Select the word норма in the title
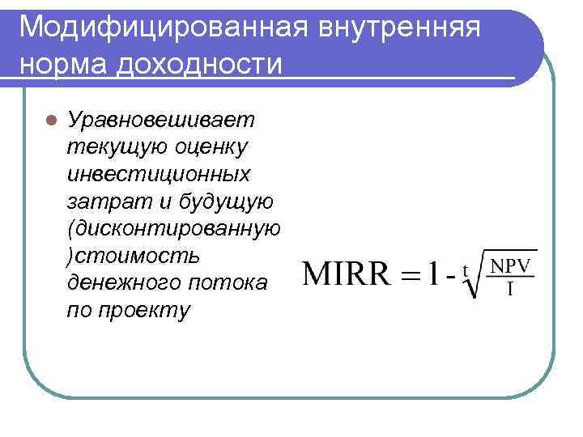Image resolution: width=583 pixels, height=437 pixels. pyautogui.click(x=62, y=62)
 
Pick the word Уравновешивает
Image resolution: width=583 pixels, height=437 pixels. pyautogui.click(x=161, y=120)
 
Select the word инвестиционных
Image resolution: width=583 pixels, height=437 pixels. pyautogui.click(x=159, y=174)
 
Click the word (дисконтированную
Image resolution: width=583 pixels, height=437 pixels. pyautogui.click(x=174, y=228)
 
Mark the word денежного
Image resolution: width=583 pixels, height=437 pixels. pyautogui.click(x=120, y=282)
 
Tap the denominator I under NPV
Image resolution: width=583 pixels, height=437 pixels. pyautogui.click(x=509, y=290)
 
